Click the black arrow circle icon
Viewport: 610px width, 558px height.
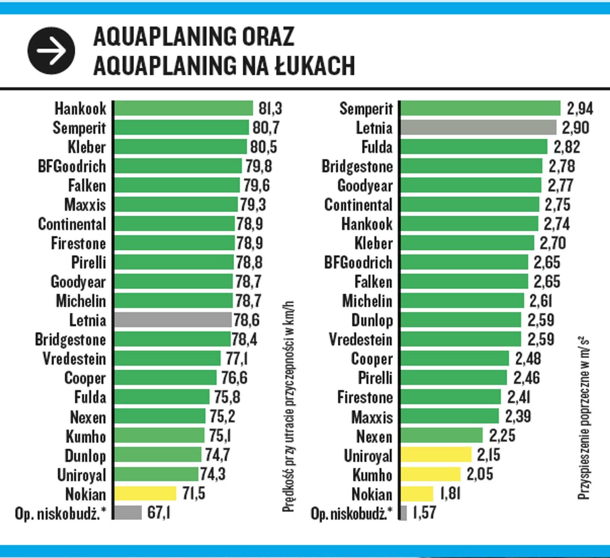pos(51,51)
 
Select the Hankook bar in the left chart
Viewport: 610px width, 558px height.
pos(184,108)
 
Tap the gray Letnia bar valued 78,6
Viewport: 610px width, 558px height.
pos(173,320)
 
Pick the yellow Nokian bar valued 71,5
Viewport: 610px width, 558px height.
pos(145,493)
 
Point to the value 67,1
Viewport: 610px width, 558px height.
pos(159,513)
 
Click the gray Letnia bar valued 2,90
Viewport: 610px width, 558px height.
pos(478,127)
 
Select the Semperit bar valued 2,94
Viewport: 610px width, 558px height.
pos(480,108)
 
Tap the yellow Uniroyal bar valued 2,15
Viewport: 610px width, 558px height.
pos(436,455)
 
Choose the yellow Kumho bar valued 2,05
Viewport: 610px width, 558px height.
pos(430,474)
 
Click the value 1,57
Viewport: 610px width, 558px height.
pos(424,513)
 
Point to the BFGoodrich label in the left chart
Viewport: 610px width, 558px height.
pos(72,166)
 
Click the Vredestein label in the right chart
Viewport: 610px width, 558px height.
pos(361,339)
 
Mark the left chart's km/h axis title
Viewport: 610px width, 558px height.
pos(288,406)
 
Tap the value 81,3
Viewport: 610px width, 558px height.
pos(270,108)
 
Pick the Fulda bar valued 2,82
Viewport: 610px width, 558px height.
pos(474,146)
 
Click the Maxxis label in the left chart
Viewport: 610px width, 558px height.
pos(85,205)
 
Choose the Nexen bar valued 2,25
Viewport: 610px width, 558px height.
pos(442,435)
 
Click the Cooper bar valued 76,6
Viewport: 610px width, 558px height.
pos(166,378)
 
